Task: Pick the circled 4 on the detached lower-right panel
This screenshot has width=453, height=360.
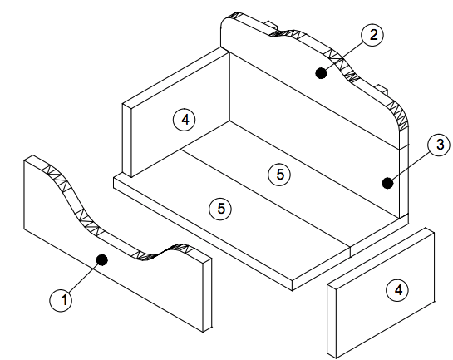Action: pyautogui.click(x=399, y=289)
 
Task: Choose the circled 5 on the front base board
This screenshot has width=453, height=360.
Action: pyautogui.click(x=221, y=209)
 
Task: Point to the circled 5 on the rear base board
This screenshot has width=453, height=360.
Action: pyautogui.click(x=280, y=174)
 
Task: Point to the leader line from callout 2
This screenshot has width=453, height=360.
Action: pyautogui.click(x=346, y=55)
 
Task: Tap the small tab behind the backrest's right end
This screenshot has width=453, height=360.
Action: pyautogui.click(x=380, y=87)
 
